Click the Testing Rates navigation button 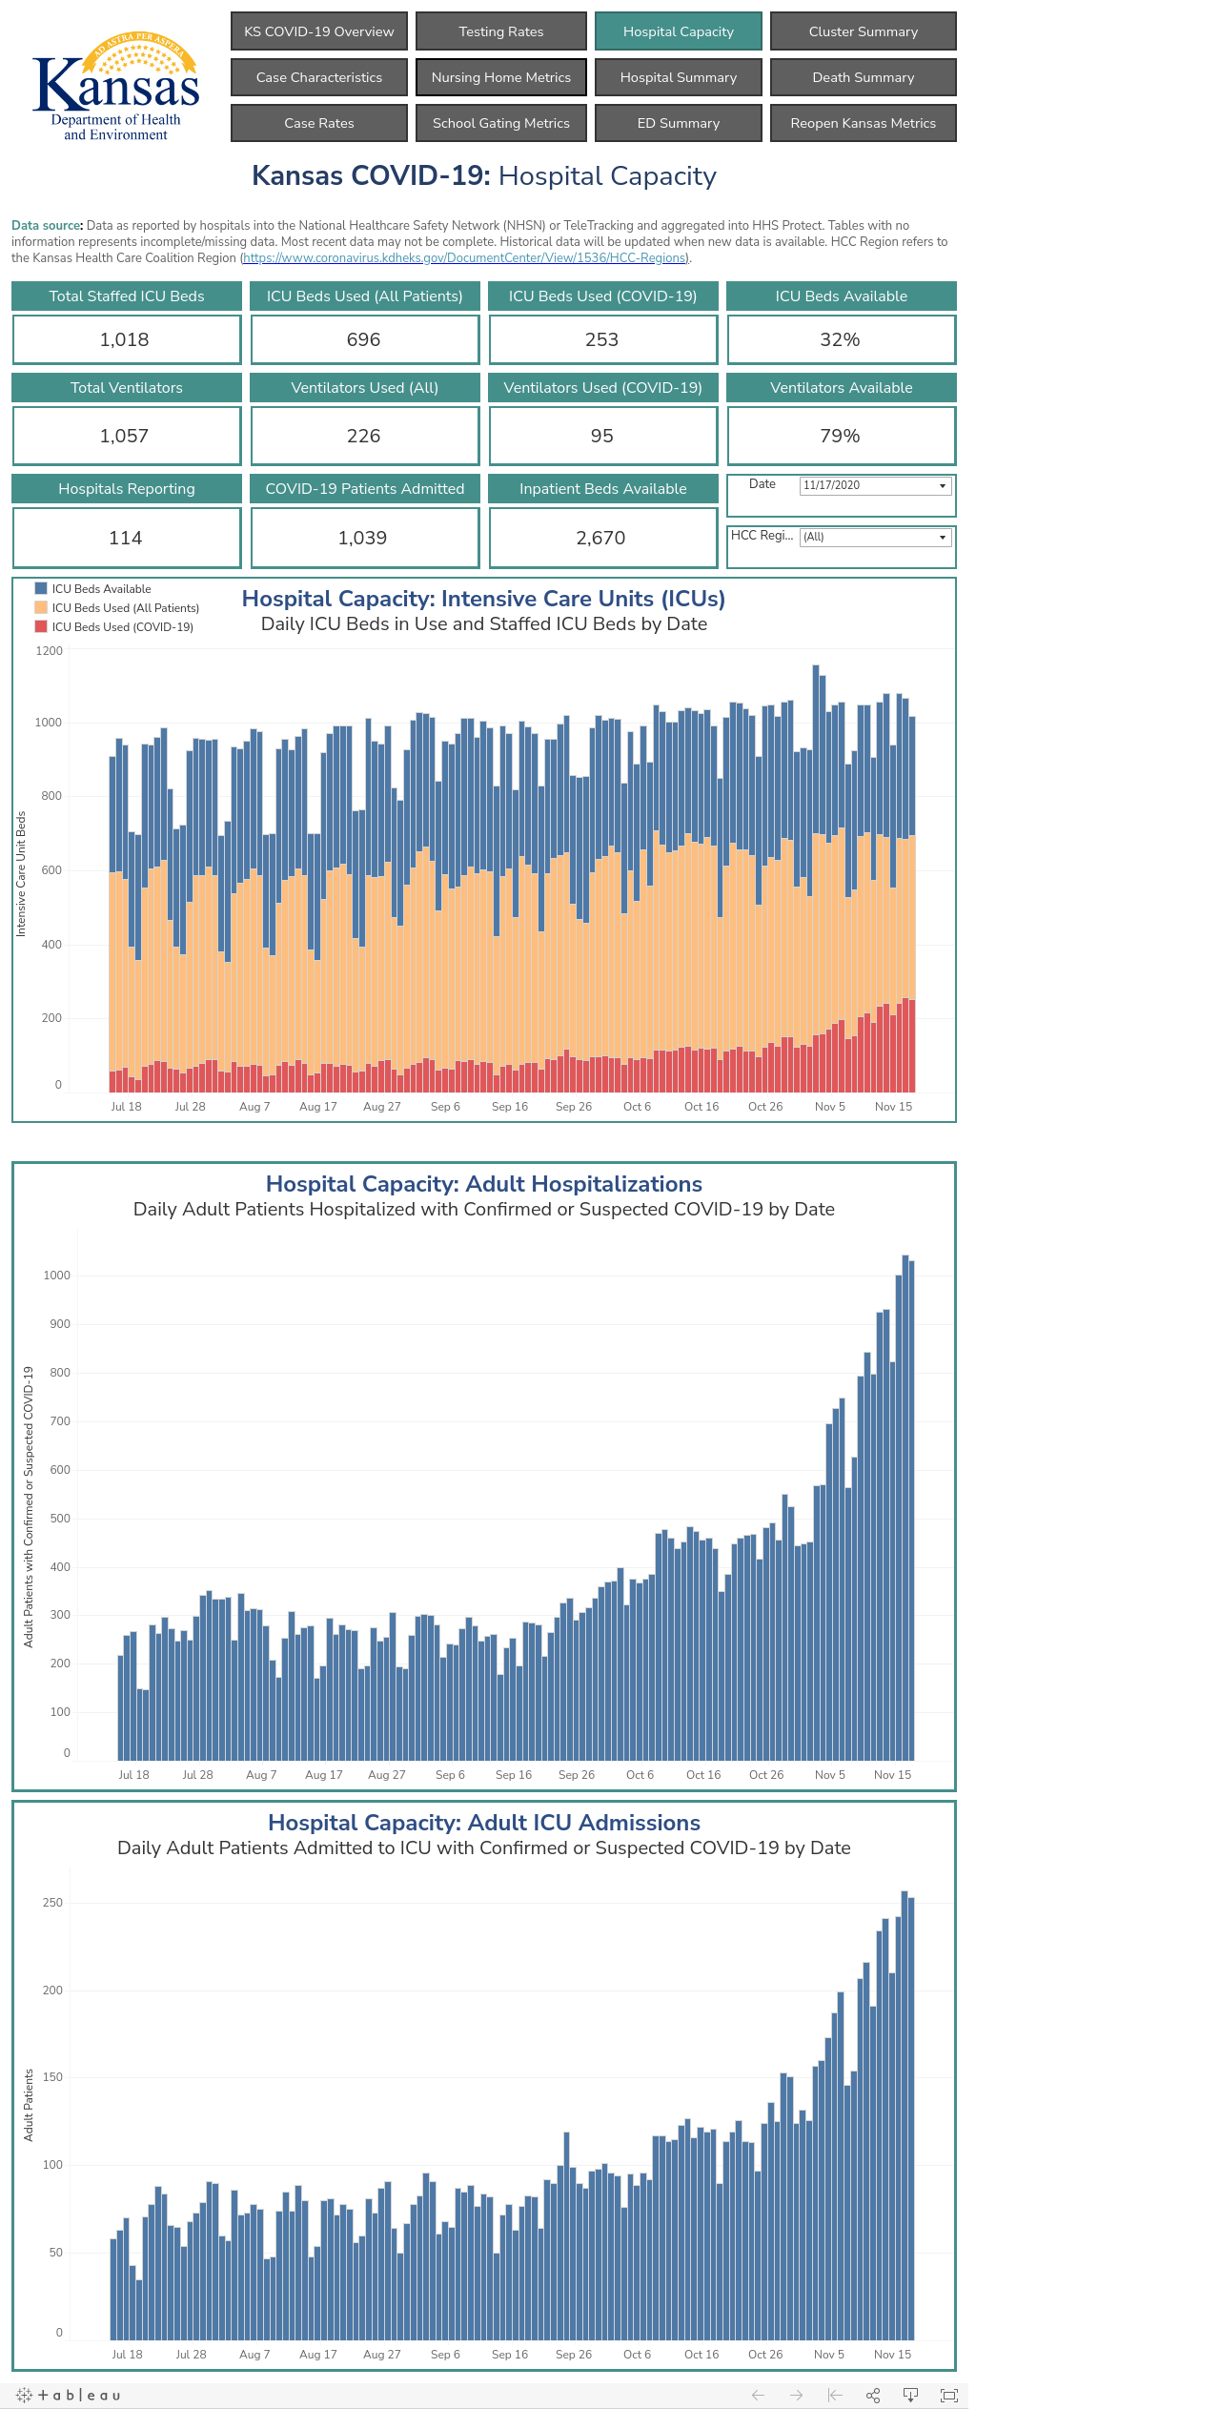pyautogui.click(x=501, y=31)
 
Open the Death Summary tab pyautogui.click(x=864, y=77)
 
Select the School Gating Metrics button pyautogui.click(x=501, y=123)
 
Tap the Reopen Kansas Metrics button pyautogui.click(x=864, y=123)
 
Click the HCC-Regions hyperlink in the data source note pyautogui.click(x=464, y=258)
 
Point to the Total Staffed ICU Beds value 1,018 pyautogui.click(x=125, y=339)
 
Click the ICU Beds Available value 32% pyautogui.click(x=840, y=339)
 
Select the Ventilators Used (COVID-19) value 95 pyautogui.click(x=602, y=436)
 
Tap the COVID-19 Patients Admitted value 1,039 pyautogui.click(x=363, y=538)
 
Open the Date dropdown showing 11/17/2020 pyautogui.click(x=875, y=485)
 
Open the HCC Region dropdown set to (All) pyautogui.click(x=875, y=537)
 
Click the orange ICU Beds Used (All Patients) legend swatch pyautogui.click(x=41, y=607)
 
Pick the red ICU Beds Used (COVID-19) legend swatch pyautogui.click(x=41, y=626)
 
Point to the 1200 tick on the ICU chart pyautogui.click(x=50, y=651)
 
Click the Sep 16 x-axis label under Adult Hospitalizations pyautogui.click(x=514, y=1775)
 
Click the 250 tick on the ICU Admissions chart pyautogui.click(x=53, y=1902)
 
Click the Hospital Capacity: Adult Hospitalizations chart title pyautogui.click(x=484, y=1184)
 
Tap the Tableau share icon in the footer pyautogui.click(x=872, y=2395)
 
